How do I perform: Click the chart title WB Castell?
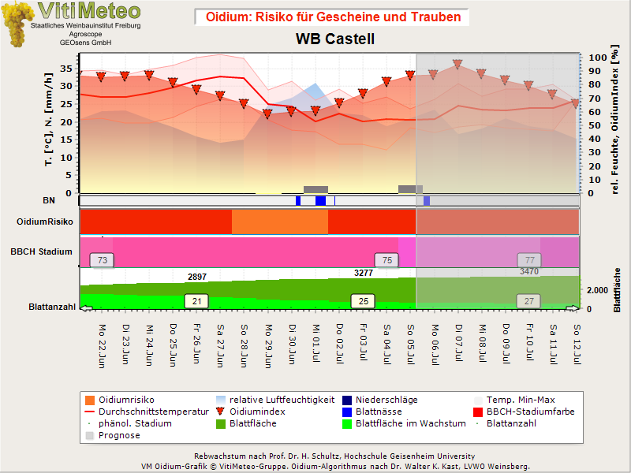pos(335,39)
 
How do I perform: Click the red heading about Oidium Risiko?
pos(333,17)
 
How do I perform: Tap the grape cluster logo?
pos(17,24)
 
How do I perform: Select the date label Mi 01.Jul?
pos(316,344)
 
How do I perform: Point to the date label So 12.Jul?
pos(577,345)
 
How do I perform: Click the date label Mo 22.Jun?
pos(102,346)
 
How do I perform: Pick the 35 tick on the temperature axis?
pos(66,69)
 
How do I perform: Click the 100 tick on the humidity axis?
pos(598,58)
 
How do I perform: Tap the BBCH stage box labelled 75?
pos(386,260)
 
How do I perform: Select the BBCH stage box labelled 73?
pos(103,260)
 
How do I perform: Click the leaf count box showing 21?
pos(196,301)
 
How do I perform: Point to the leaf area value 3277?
pos(364,273)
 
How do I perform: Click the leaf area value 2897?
pos(197,277)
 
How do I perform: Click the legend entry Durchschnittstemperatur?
pos(147,412)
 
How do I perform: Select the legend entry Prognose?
pos(113,435)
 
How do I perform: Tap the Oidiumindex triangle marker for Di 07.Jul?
pos(457,64)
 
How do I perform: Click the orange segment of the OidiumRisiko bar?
pos(280,222)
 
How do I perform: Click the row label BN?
pos(49,200)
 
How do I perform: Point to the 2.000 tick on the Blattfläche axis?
pos(597,290)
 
